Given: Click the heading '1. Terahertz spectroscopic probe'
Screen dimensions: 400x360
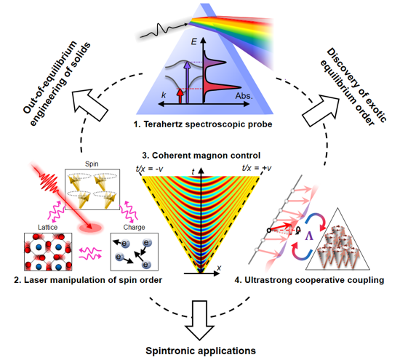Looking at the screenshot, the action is point(203,124).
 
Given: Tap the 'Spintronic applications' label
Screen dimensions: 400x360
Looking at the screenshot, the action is point(201,351).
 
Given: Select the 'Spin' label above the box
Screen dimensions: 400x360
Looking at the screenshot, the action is point(92,164).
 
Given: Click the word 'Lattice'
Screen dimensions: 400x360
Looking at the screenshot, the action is point(48,227).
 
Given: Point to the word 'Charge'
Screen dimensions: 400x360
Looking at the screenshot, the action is point(135,227).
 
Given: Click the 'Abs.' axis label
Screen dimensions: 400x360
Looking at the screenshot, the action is point(244,96).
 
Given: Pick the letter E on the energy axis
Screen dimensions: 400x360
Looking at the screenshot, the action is point(194,41).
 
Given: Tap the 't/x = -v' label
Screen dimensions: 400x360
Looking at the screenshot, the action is point(149,168).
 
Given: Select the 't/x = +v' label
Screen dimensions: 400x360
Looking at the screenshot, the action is point(257,168).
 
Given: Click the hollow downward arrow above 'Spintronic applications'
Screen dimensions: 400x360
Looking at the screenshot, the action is point(199,320).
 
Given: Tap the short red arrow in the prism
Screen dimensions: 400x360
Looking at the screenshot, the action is point(180,95).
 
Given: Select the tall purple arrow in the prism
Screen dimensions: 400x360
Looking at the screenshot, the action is point(187,82).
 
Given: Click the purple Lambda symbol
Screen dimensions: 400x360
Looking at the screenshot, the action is point(309,236).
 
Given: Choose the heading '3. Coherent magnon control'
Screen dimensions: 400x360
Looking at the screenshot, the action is point(201,156).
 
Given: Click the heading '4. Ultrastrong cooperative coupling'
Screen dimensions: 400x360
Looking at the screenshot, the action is point(309,280).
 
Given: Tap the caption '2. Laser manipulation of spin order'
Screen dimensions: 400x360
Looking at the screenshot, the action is point(88,280).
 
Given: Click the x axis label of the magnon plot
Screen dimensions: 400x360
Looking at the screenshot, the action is point(219,268).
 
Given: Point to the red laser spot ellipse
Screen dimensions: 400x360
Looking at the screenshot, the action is point(91,228).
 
